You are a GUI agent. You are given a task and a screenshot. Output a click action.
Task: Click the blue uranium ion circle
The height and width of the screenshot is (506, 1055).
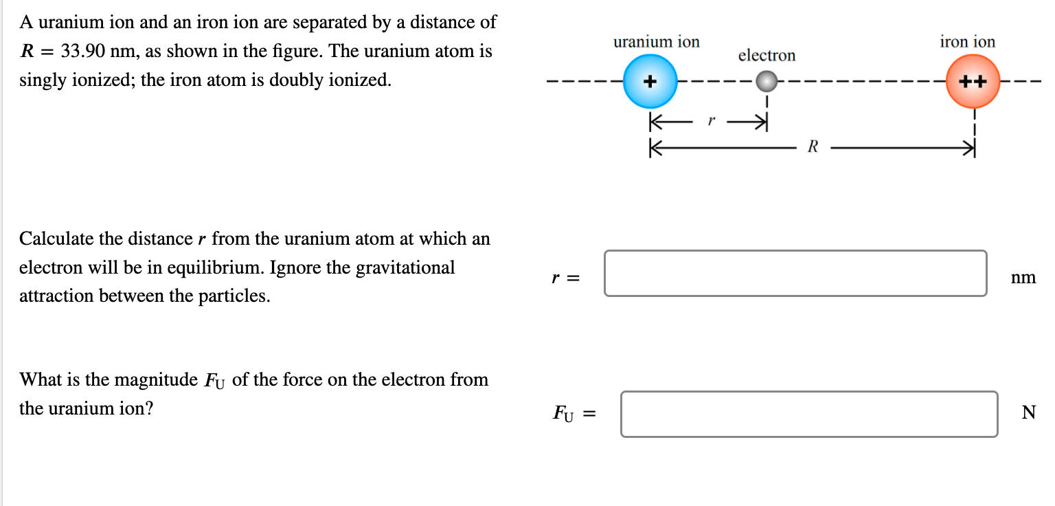(x=650, y=82)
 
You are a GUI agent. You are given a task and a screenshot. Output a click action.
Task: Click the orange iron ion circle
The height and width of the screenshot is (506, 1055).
(x=973, y=82)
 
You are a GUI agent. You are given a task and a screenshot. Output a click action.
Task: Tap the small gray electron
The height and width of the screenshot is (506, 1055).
(x=767, y=82)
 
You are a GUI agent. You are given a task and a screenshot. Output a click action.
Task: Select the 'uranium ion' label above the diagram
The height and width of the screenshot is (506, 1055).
(x=656, y=42)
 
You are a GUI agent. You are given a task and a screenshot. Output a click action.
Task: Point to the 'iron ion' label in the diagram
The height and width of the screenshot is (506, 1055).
(x=967, y=42)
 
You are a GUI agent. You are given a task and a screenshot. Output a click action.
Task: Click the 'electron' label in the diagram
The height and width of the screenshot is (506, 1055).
(x=767, y=56)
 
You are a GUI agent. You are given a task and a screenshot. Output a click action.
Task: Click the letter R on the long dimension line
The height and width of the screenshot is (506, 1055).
(x=813, y=147)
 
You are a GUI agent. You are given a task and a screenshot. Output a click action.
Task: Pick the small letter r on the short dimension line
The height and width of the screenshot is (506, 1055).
(x=712, y=121)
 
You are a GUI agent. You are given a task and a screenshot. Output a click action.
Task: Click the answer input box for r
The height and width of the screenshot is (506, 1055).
(x=795, y=274)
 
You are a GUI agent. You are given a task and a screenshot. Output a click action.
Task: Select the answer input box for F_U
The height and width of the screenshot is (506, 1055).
(x=809, y=414)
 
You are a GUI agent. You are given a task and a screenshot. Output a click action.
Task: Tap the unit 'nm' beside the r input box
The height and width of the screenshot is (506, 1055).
(x=1023, y=278)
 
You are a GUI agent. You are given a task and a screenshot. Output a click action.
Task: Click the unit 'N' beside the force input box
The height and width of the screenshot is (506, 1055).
(x=1028, y=412)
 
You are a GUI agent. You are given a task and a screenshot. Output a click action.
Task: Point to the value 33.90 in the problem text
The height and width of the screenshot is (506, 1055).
(x=81, y=52)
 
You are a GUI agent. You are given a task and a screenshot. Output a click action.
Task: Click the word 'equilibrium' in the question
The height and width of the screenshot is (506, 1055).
(x=207, y=267)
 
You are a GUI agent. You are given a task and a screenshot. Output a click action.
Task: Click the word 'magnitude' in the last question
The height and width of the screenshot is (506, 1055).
(x=156, y=379)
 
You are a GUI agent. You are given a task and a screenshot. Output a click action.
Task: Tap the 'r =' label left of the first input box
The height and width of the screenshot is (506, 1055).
(x=566, y=278)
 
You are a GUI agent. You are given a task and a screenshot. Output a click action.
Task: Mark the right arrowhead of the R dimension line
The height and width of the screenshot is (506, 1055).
(x=970, y=147)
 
